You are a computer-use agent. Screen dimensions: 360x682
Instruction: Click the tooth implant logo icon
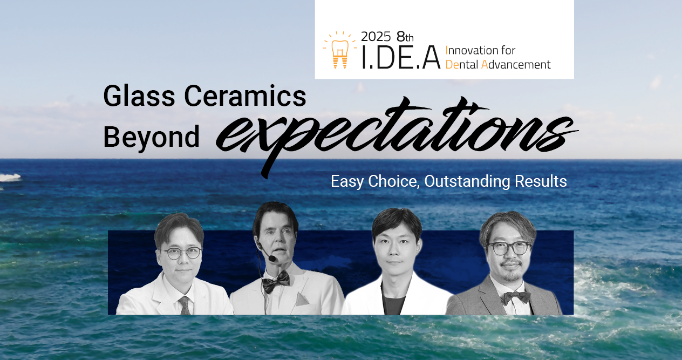339,51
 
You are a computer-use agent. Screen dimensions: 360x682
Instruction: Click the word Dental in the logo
462,65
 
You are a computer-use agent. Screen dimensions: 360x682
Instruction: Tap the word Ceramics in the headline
245,97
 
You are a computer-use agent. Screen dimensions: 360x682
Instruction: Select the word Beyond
151,136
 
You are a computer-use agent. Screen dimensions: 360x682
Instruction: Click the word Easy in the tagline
347,181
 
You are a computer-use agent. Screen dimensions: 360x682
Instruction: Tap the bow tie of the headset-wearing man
276,278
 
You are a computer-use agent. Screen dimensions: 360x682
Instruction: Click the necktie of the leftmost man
185,305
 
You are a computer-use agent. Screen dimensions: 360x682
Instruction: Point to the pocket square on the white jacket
303,298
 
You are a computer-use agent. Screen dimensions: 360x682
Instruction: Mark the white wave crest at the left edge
9,177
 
